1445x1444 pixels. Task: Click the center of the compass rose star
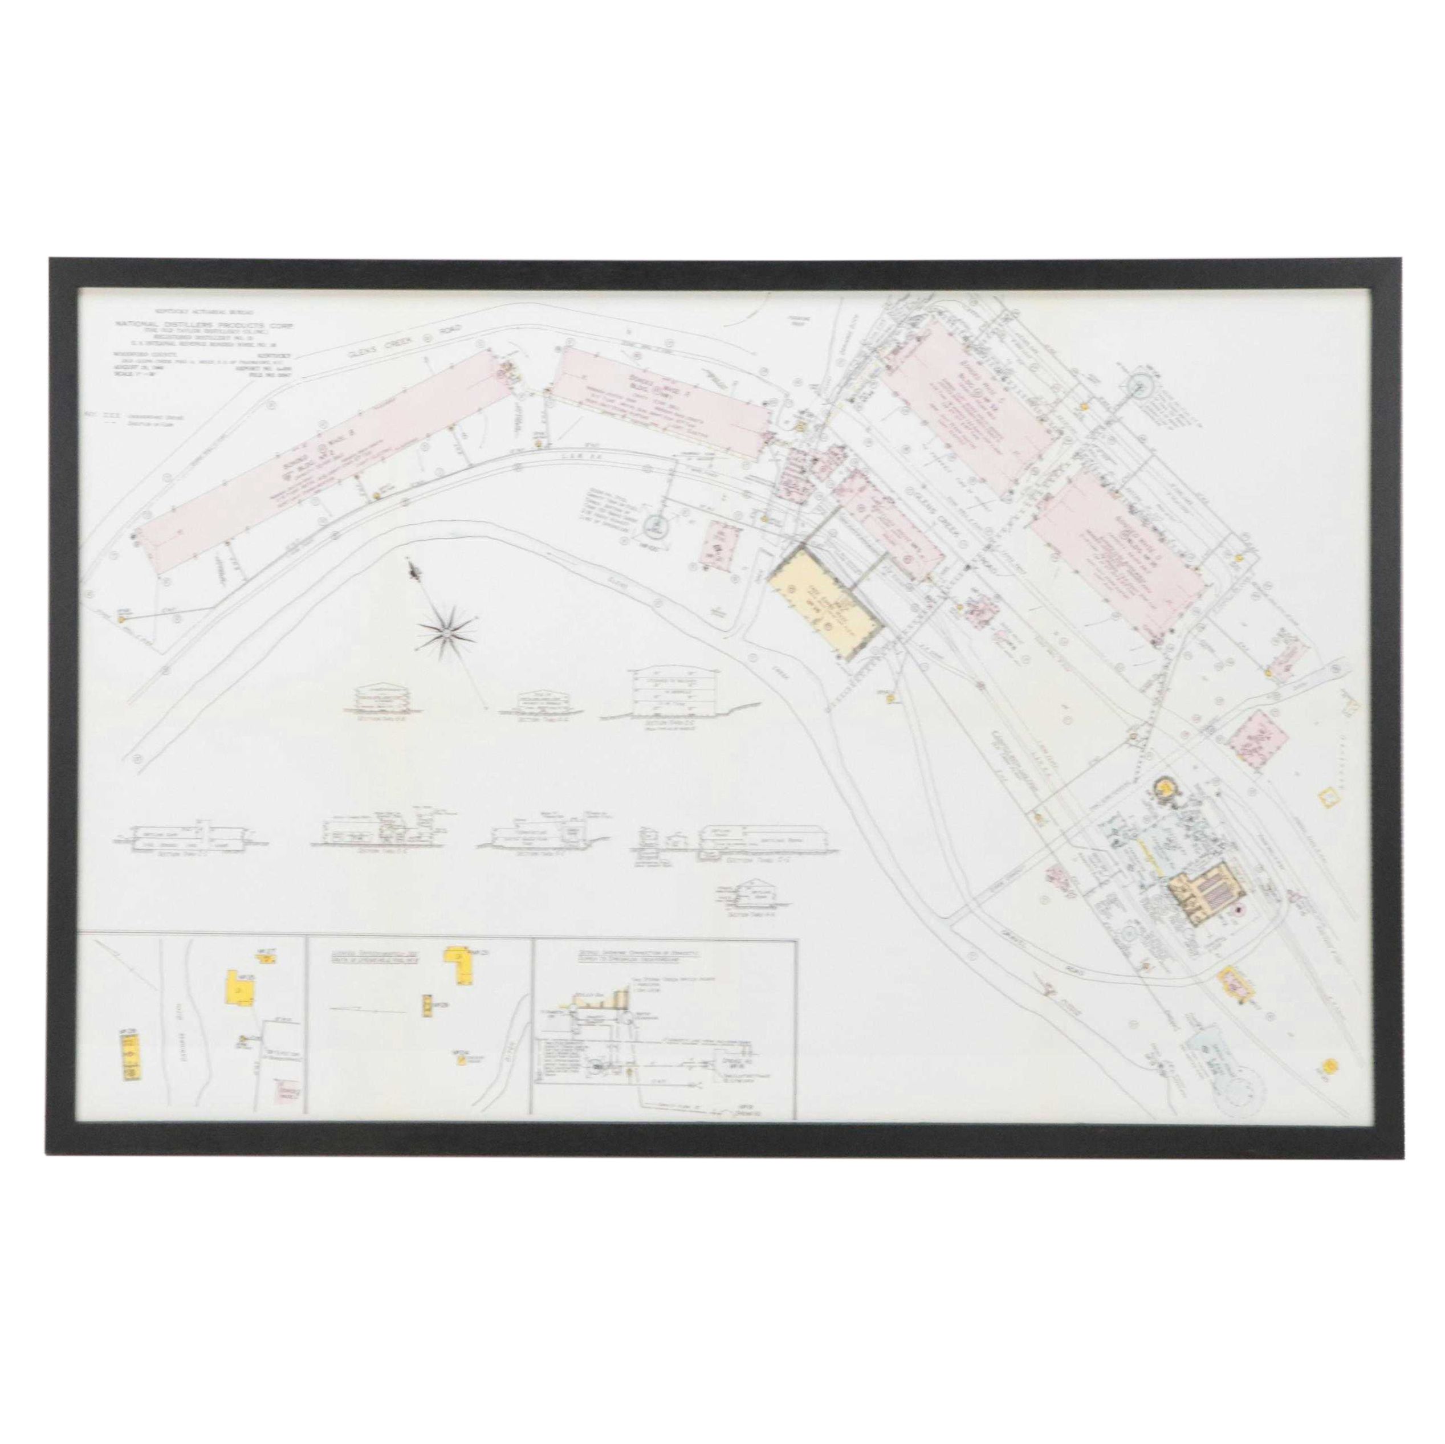click(x=446, y=613)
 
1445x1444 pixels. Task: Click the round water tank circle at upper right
click(x=1137, y=386)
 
